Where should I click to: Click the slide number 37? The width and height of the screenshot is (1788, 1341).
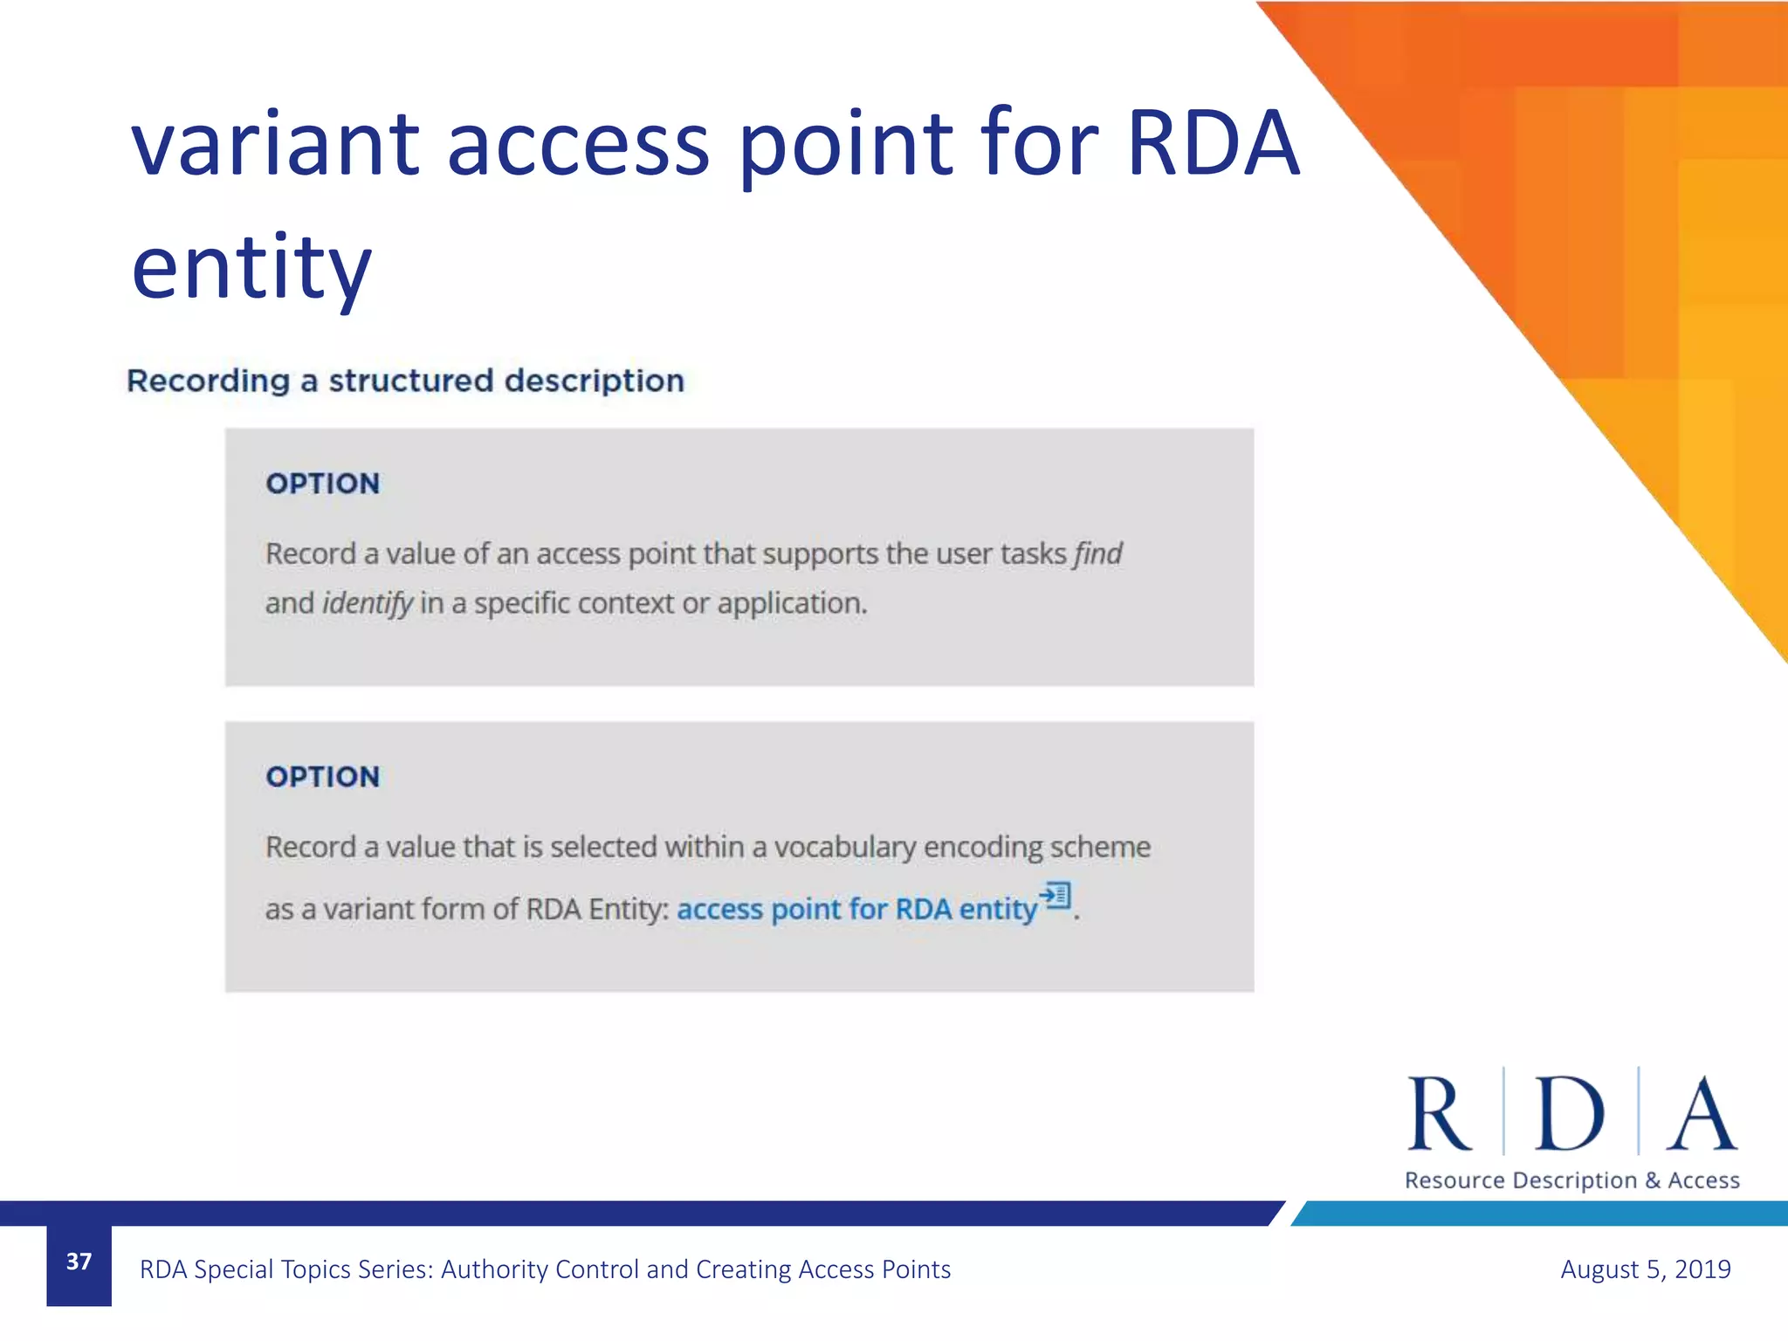pyautogui.click(x=79, y=1262)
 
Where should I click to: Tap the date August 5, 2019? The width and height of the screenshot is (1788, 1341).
pyautogui.click(x=1645, y=1269)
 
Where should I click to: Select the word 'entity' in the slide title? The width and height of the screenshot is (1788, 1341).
pyautogui.click(x=251, y=267)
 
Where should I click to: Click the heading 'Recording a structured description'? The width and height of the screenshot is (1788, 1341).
pyautogui.click(x=405, y=382)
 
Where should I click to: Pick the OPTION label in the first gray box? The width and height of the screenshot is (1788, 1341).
pyautogui.click(x=323, y=484)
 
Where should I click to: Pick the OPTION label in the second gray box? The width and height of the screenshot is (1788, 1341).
pyautogui.click(x=323, y=777)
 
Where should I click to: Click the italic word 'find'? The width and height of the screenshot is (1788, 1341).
pyautogui.click(x=1097, y=554)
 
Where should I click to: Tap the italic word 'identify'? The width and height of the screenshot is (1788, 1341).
pyautogui.click(x=368, y=603)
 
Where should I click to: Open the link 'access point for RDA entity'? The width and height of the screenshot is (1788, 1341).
pyautogui.click(x=856, y=909)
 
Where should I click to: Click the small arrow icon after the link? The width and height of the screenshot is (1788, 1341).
pyautogui.click(x=1055, y=896)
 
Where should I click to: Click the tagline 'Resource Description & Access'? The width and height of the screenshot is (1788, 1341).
pyautogui.click(x=1571, y=1180)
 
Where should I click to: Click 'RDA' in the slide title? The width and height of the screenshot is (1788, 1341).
pyautogui.click(x=1213, y=145)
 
